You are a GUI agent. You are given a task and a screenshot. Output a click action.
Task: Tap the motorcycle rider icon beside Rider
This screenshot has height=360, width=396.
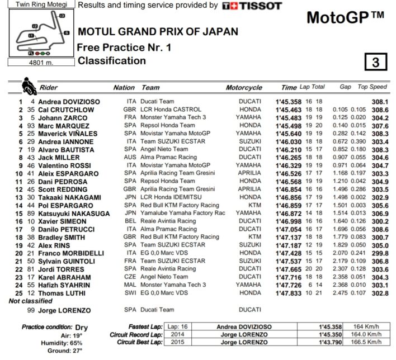(x=27, y=87)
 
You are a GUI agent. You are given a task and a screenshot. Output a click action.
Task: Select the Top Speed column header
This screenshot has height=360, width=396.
(x=372, y=88)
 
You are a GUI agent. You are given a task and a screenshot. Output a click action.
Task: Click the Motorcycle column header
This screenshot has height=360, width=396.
(x=243, y=88)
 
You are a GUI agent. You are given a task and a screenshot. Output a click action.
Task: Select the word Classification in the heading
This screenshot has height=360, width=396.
(x=111, y=61)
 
